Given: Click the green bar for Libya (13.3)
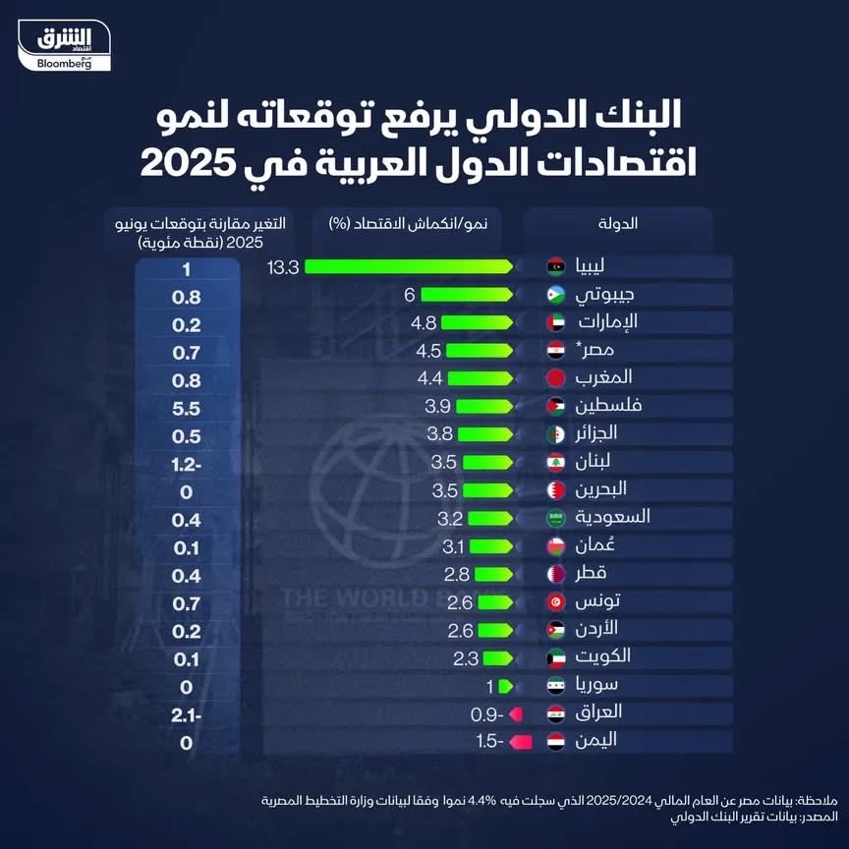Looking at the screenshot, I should [x=408, y=266].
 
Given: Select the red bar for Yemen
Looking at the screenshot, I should [x=523, y=742].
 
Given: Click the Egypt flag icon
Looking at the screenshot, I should [x=556, y=350].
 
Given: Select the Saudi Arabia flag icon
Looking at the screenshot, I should [x=556, y=517].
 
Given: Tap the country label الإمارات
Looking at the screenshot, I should [x=610, y=321].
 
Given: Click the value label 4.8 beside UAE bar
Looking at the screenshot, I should [x=423, y=322].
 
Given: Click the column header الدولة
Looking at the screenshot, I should [x=617, y=223].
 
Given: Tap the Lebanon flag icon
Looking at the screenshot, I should [x=556, y=461].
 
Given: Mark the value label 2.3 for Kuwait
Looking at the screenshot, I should [x=466, y=658].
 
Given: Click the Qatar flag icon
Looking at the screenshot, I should [x=556, y=574].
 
